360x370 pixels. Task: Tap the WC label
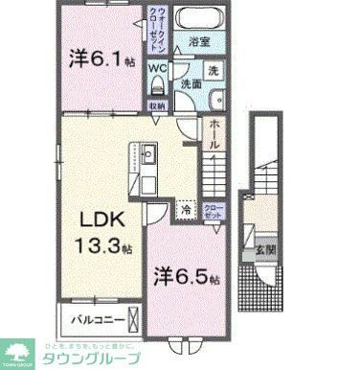coord(157,68)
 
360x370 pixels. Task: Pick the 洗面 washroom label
coord(191,84)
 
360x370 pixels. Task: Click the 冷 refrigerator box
coord(184,207)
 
